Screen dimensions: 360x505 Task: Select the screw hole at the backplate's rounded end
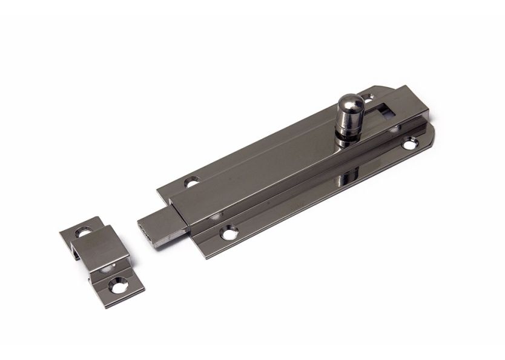[411, 145]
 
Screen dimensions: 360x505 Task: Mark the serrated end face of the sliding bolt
[147, 232]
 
